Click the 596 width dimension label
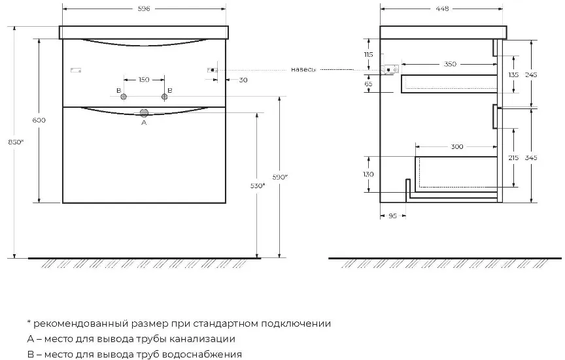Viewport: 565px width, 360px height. click(144, 8)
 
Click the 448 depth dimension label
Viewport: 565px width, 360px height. click(442, 8)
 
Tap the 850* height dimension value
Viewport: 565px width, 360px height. click(16, 142)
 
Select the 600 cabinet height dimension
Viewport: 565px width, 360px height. click(39, 120)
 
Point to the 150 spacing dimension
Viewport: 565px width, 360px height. click(144, 80)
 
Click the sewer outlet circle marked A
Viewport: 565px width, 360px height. click(144, 113)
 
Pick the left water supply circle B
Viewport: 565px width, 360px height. click(124, 97)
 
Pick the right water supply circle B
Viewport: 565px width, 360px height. click(165, 97)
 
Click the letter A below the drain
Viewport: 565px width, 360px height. click(144, 123)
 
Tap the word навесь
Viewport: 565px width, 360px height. click(303, 69)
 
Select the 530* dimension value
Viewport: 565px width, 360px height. click(258, 186)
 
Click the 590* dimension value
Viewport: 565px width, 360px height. click(281, 177)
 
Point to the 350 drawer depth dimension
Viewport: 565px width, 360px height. click(450, 64)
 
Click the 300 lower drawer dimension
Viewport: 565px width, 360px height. click(457, 146)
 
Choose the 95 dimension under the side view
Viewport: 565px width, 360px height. click(393, 216)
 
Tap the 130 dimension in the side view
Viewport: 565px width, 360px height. click(368, 174)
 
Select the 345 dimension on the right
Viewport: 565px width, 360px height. click(532, 157)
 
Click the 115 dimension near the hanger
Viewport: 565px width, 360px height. click(368, 55)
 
